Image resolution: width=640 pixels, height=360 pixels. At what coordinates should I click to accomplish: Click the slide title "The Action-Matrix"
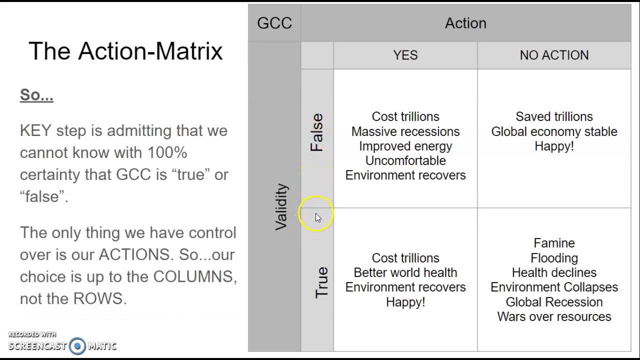[x=125, y=51]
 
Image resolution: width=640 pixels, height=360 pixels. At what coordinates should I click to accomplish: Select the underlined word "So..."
[x=36, y=95]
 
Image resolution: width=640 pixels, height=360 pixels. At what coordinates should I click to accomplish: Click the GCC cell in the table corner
[x=274, y=23]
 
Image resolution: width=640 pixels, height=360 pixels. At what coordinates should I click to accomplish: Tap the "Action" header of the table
[x=465, y=23]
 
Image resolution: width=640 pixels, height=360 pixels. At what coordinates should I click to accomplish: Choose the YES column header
[x=405, y=55]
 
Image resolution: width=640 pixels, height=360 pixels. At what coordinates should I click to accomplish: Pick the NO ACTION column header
[x=554, y=55]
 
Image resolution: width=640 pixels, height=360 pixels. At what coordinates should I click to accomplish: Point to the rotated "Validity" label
[x=281, y=206]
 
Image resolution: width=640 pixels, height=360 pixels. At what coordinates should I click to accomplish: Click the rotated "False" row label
[x=317, y=132]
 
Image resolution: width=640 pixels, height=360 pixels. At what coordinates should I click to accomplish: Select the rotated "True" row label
[x=321, y=282]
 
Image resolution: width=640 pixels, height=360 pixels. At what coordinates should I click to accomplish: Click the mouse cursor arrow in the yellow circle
[x=318, y=217]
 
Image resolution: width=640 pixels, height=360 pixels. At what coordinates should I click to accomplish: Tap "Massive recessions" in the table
[x=405, y=131]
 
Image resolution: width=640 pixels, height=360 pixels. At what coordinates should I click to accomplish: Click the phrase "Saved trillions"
[x=554, y=116]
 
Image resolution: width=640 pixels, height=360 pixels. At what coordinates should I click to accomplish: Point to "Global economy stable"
[x=554, y=131]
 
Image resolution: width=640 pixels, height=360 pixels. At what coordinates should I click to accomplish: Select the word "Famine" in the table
[x=554, y=243]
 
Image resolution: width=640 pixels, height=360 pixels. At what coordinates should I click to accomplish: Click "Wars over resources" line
[x=554, y=316]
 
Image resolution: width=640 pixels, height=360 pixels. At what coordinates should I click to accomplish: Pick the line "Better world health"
[x=405, y=272]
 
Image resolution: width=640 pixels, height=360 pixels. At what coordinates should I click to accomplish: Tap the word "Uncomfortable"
[x=405, y=160]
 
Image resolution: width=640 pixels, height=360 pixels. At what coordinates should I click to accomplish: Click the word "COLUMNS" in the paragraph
[x=194, y=276]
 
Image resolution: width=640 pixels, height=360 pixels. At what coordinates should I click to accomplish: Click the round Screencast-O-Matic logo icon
[x=77, y=346]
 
